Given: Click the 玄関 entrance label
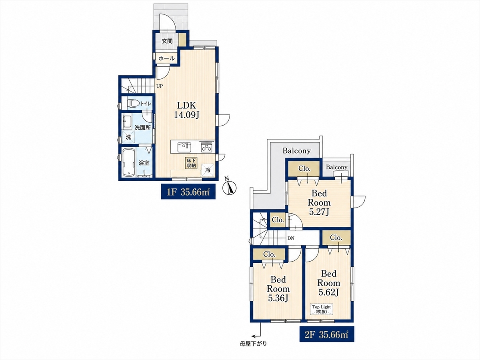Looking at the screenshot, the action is (167, 41).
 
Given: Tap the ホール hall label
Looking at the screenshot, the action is (166, 58).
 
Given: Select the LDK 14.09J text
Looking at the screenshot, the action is (186, 110).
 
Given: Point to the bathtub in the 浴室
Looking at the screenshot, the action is (128, 162).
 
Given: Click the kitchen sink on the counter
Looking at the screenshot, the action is (184, 147).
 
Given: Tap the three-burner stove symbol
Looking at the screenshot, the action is (206, 147).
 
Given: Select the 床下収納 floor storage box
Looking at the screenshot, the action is (191, 163).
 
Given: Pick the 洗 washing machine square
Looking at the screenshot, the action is (128, 137).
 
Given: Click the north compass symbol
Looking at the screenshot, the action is (229, 187).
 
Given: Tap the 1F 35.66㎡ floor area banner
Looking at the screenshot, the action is (188, 192).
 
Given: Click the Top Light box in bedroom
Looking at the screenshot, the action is (321, 309).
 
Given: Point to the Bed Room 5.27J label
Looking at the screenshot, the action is (319, 202).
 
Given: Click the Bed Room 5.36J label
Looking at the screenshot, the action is (278, 289).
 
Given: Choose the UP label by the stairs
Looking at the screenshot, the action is (160, 86).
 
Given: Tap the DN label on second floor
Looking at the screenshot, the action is (291, 238).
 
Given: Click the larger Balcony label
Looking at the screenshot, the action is (296, 151).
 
